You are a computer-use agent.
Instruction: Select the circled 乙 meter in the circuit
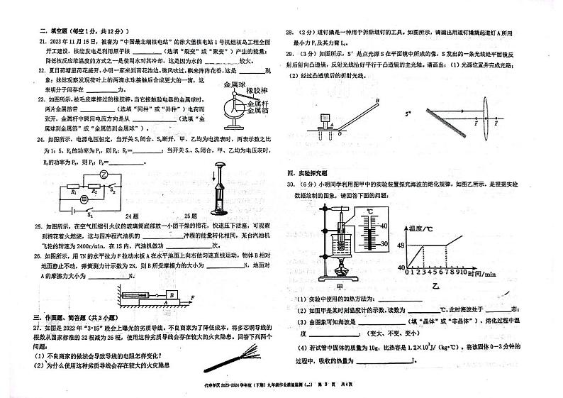(x=104, y=174)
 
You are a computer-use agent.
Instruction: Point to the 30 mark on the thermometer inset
(x=384, y=244)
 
